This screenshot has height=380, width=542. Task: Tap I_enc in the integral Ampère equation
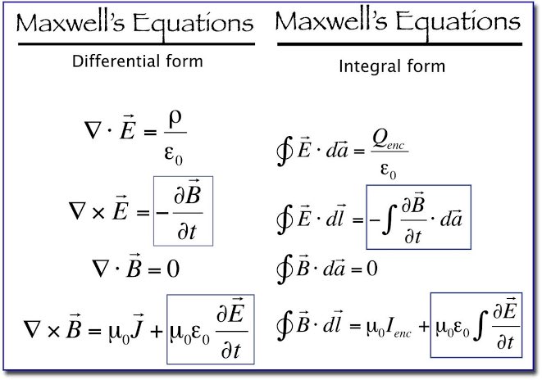point(391,328)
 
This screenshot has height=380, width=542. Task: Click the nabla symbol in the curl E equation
point(81,210)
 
